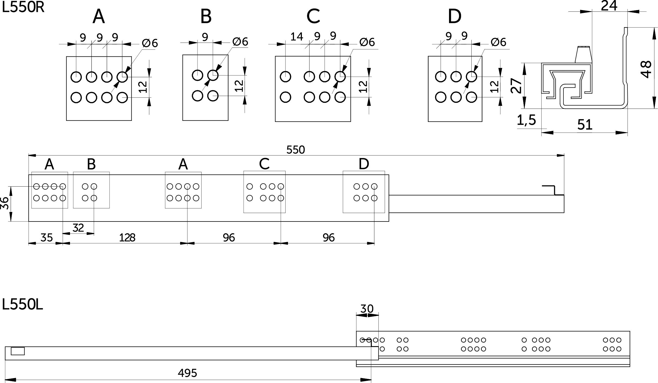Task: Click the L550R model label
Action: pos(23,7)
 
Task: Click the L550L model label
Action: pos(22,305)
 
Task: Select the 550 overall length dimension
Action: pos(296,150)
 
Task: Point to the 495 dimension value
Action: pos(187,373)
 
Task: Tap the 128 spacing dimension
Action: pos(127,238)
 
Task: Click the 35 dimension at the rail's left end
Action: pos(47,238)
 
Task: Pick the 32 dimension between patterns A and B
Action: pos(78,228)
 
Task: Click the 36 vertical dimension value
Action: pos(5,203)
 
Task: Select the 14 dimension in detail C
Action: pos(297,37)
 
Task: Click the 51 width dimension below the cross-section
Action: pos(585,125)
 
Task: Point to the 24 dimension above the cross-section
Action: pos(609,6)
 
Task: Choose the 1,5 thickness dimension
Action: pos(526,120)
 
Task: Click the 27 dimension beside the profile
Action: pos(516,86)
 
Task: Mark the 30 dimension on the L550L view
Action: pos(367,309)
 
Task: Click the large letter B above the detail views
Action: pos(206,16)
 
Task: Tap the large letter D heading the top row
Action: pos(454,16)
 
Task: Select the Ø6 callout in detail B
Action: pos(240,42)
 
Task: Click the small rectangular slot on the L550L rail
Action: pos(18,351)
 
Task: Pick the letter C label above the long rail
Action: pos(264,164)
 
